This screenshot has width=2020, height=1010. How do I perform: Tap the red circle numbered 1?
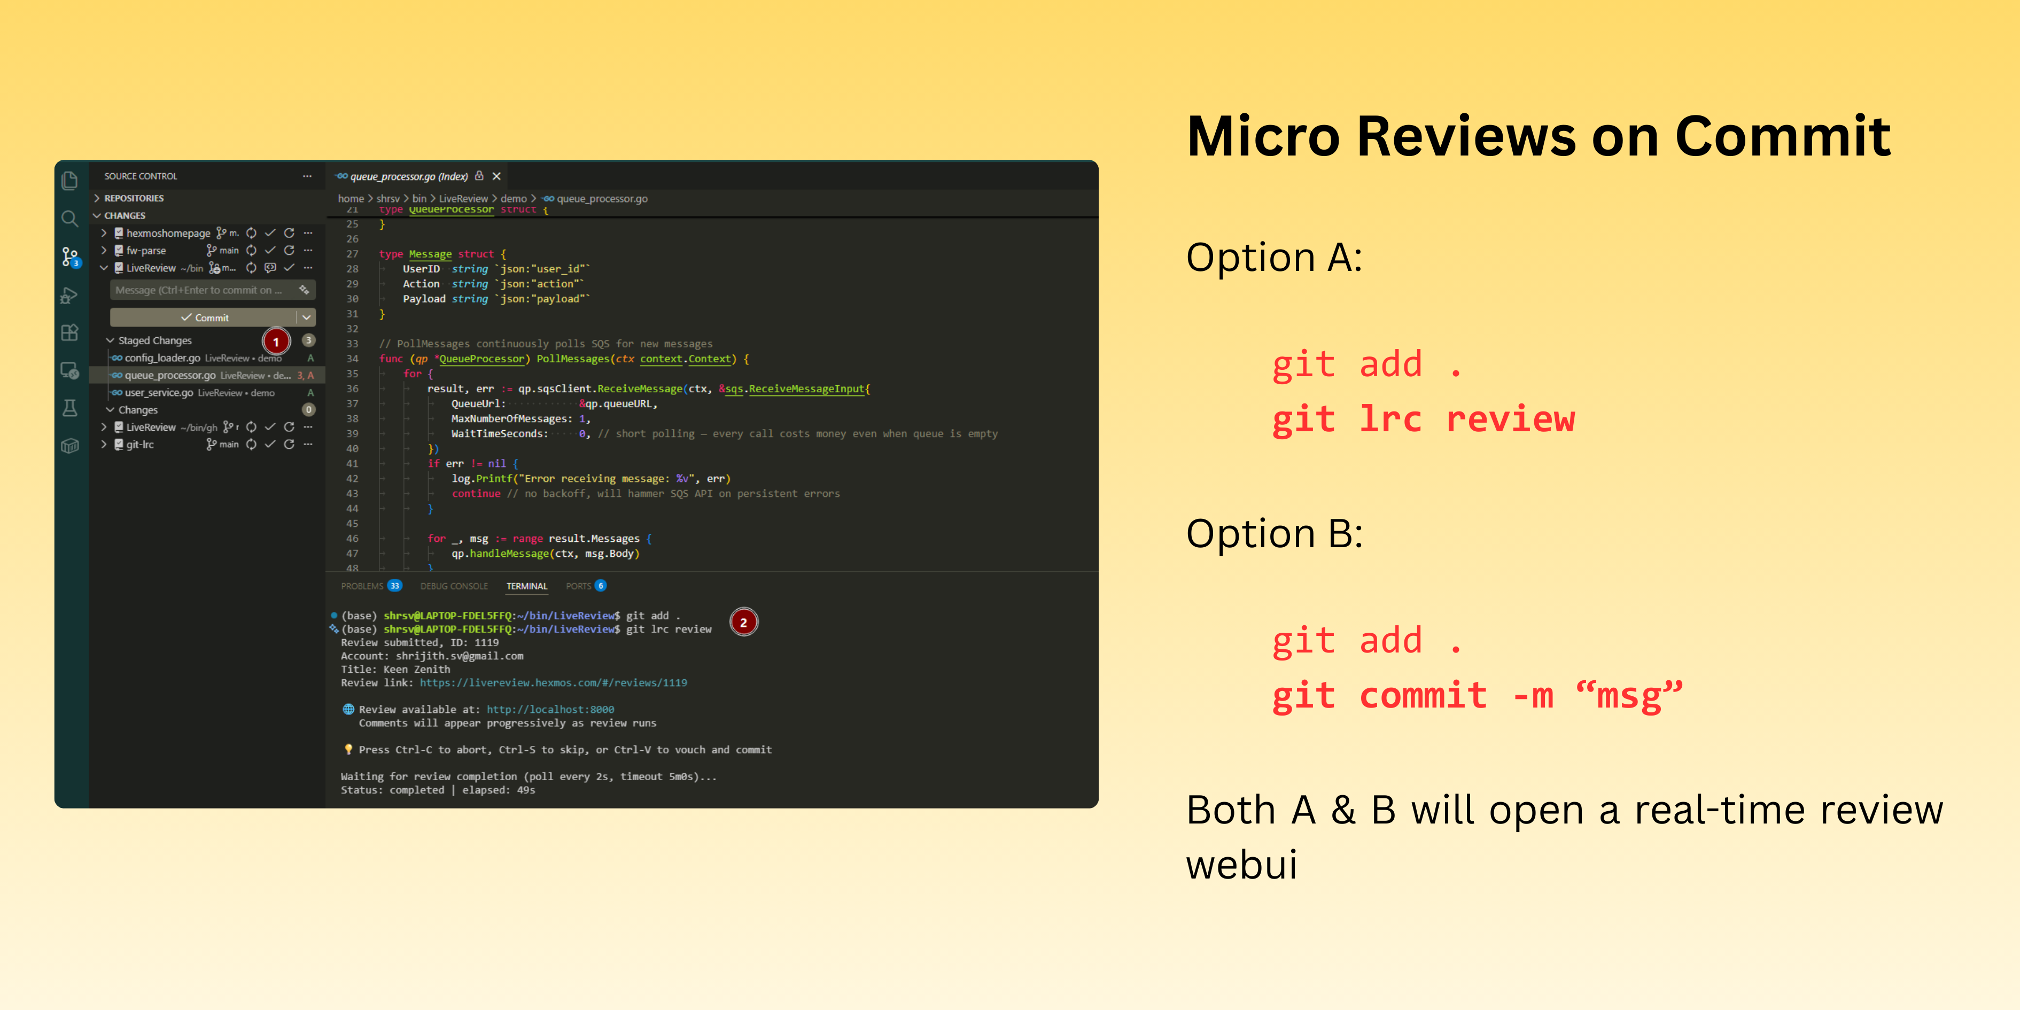(276, 342)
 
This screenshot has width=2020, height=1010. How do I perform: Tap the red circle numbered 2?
(743, 623)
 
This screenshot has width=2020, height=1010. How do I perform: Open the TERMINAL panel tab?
(526, 587)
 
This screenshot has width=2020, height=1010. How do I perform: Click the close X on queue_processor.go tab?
(496, 176)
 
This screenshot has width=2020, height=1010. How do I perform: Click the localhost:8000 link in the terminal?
(550, 710)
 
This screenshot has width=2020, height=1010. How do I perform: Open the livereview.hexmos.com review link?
(553, 683)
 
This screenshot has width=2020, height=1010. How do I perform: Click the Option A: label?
(1275, 258)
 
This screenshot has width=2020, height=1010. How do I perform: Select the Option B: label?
(1275, 534)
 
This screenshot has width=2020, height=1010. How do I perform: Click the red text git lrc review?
(1423, 419)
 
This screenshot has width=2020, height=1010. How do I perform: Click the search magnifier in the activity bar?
(70, 219)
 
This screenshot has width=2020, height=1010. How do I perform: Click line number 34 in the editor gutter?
(352, 359)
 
